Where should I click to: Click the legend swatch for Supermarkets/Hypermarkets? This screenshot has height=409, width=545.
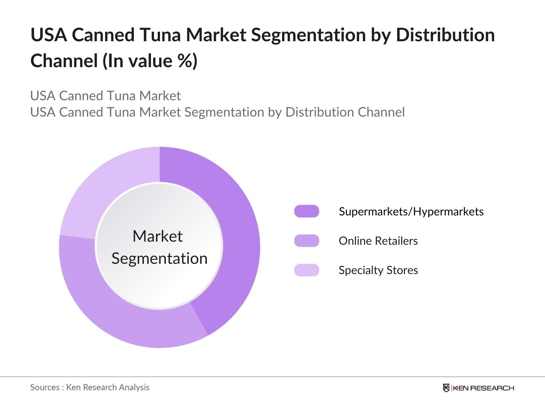[x=307, y=211]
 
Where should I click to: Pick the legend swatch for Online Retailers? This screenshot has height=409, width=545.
[x=307, y=241]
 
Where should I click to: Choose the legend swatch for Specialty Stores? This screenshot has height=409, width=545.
[x=307, y=270]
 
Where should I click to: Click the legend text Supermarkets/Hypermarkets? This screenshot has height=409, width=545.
[x=411, y=212]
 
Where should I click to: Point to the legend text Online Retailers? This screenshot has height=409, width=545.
[x=378, y=241]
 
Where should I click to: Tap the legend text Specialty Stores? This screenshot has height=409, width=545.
[x=378, y=270]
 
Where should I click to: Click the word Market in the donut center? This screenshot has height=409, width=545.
[x=158, y=236]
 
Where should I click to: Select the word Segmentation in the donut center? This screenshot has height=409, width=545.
[x=159, y=258]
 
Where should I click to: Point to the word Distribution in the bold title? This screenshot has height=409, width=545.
[x=445, y=35]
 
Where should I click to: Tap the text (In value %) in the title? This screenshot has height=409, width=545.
[x=150, y=61]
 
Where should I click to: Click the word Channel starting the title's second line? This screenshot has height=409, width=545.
[x=64, y=61]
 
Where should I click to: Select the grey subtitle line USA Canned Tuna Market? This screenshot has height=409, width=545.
[x=105, y=96]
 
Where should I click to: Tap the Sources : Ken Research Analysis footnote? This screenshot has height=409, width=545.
[x=90, y=387]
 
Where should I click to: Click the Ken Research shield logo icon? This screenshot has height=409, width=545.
[x=446, y=388]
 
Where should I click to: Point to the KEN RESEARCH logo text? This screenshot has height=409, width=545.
[x=483, y=388]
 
